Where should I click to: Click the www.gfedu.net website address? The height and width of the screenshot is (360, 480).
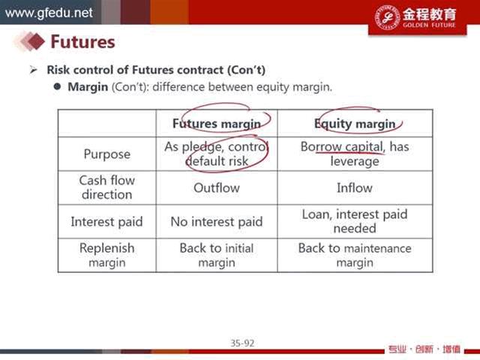coord(49,13)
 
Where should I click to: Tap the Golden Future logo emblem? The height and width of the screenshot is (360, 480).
coord(388,17)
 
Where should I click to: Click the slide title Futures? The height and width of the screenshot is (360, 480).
coord(82,42)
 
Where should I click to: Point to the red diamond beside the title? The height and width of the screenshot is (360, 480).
coord(36,41)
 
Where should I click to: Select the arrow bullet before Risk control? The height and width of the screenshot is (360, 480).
coord(33,70)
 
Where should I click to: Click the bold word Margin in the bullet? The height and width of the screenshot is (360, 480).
coord(88,87)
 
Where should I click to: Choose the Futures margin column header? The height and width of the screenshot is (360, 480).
coord(217,124)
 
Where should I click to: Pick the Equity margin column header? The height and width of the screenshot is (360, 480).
coord(355,124)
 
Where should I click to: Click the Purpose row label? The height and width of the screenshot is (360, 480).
coord(106,154)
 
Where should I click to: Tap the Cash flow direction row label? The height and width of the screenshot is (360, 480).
coord(106,187)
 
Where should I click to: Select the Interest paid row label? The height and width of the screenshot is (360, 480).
coord(106,221)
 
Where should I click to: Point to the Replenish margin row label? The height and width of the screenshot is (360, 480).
coord(106,255)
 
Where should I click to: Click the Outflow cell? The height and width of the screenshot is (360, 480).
coord(217,187)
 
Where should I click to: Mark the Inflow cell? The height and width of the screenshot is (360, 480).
coord(355,187)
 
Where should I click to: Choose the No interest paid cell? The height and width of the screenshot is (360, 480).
coord(217,221)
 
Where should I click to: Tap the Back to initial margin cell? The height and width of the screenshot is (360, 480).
coord(217,255)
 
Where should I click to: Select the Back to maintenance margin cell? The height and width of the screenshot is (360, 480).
coord(355,255)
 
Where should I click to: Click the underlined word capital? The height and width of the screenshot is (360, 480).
coord(364,147)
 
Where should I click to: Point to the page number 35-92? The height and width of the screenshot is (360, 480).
coord(242,343)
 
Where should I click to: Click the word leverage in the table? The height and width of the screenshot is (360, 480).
coord(355,161)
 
